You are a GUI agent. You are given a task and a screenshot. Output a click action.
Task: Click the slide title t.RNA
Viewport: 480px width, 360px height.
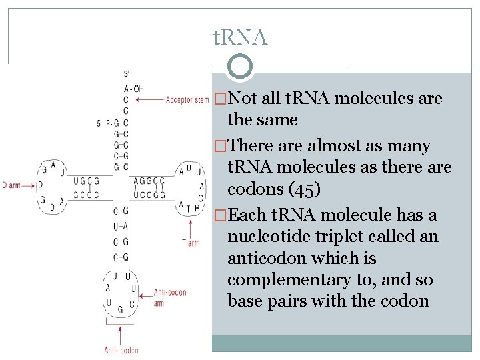(240, 38)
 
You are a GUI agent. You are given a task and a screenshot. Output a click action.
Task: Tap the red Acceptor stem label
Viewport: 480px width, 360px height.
(187, 100)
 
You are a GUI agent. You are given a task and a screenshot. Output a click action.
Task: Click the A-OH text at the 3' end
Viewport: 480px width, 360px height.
(133, 89)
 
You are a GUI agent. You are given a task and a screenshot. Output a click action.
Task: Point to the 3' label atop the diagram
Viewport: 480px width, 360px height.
(126, 73)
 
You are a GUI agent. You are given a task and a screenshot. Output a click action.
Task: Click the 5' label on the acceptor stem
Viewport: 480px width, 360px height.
(101, 123)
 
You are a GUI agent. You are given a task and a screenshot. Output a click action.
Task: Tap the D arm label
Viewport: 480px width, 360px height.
(7, 185)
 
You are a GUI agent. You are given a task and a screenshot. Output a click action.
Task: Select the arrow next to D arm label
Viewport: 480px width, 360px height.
(25, 185)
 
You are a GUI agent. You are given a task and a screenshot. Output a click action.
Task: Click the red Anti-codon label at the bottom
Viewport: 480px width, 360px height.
(121, 349)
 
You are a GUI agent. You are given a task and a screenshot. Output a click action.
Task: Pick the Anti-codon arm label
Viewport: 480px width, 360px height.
(169, 297)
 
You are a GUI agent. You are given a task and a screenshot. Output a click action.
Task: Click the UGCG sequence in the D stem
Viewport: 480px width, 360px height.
(87, 181)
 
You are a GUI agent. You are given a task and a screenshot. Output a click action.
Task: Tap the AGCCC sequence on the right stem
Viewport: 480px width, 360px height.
(149, 181)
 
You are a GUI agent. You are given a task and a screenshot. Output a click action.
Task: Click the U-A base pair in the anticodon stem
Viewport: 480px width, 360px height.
(121, 227)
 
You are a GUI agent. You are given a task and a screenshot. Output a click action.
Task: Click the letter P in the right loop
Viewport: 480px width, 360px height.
(197, 208)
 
